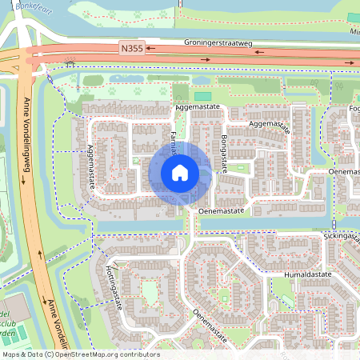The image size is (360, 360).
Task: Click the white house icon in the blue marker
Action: tap(180, 173)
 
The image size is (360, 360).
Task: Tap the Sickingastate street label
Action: tap(342, 237)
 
